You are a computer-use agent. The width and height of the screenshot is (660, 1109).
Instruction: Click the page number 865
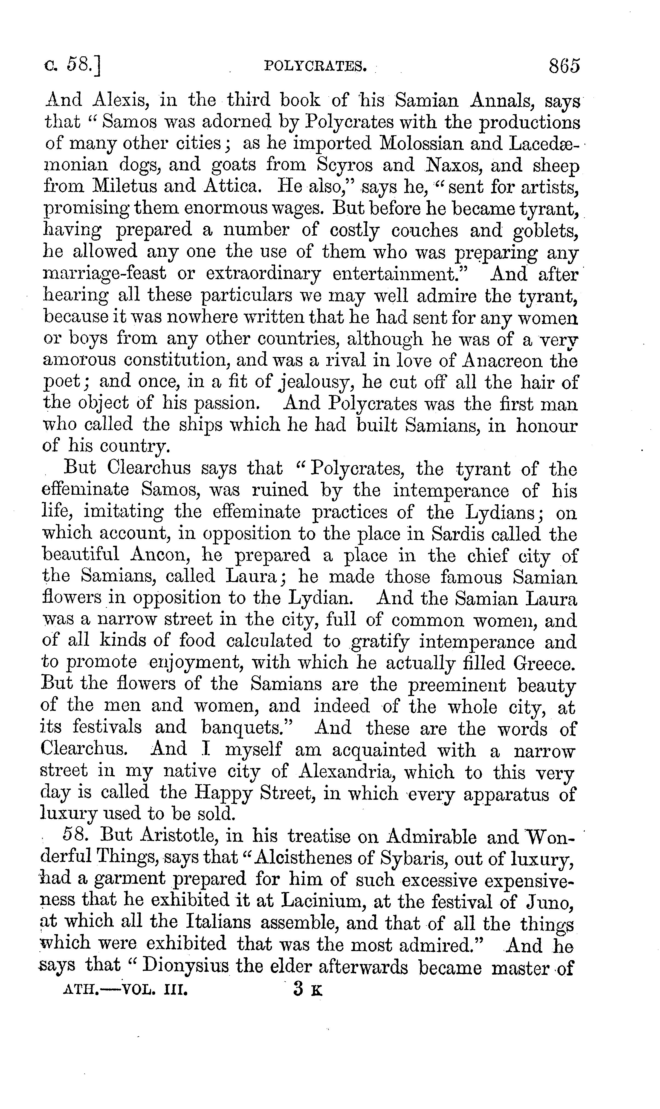pos(564,66)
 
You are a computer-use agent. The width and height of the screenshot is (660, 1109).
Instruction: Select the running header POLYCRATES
pos(315,67)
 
